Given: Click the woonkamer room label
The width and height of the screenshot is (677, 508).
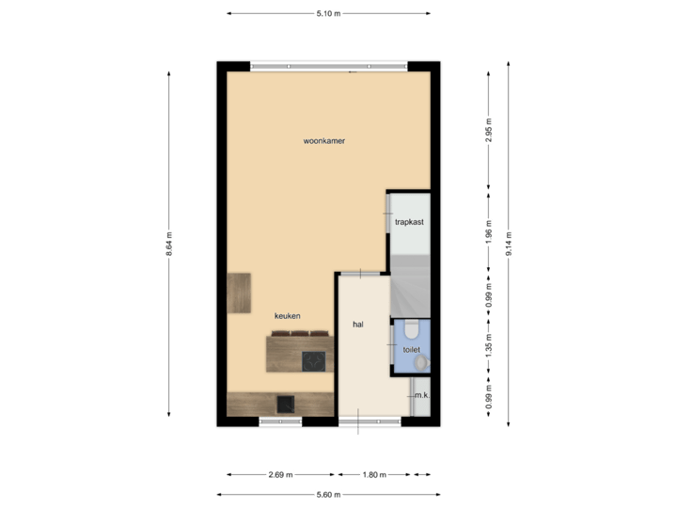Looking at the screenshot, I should click(x=324, y=141).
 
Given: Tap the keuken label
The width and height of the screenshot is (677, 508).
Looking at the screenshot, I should click(x=288, y=316).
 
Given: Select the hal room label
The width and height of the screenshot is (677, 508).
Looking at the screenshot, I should click(x=357, y=325).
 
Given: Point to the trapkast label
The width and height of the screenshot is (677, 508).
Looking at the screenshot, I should click(x=409, y=222).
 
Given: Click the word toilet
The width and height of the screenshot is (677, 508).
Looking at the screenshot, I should click(x=411, y=348).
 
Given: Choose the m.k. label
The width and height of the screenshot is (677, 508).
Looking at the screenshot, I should click(x=421, y=396).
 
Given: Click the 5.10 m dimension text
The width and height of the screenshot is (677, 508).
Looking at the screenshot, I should click(x=329, y=13).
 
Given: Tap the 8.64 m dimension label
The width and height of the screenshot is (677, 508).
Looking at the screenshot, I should click(x=169, y=246).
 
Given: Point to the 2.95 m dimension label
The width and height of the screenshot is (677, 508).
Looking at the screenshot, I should click(x=488, y=129).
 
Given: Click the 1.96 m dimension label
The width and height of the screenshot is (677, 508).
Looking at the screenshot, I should click(x=488, y=231).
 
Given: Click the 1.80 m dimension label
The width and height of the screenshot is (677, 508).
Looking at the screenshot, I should click(x=375, y=475).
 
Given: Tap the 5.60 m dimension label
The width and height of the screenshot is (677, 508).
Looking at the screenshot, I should click(x=329, y=494).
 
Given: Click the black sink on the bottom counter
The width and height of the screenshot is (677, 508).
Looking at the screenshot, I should click(x=286, y=404).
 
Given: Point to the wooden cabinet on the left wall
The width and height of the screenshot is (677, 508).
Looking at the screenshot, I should click(x=240, y=292).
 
